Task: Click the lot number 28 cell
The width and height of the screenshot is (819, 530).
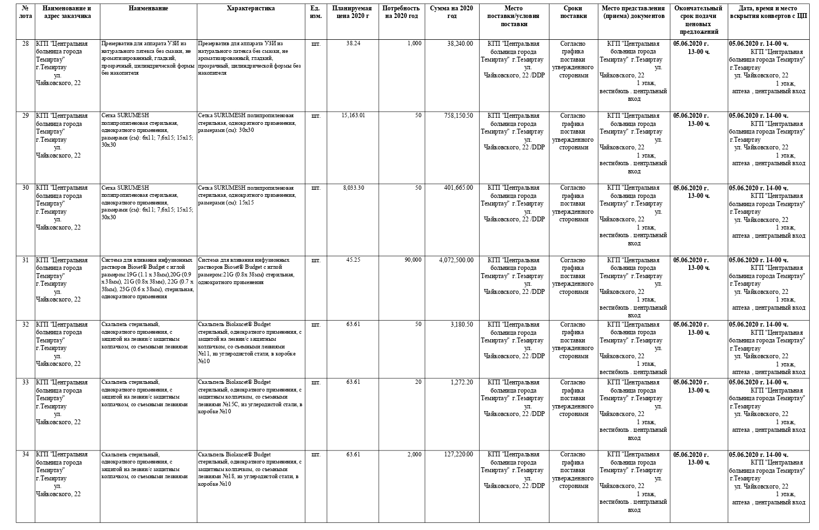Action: (25, 44)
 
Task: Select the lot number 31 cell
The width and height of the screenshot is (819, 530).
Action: (25, 260)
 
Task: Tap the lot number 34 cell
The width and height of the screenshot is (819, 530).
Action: (25, 454)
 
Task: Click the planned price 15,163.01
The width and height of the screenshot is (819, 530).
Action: (353, 116)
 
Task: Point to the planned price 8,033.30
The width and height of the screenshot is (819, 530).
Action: (353, 188)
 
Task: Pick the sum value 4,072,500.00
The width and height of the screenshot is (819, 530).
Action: (456, 260)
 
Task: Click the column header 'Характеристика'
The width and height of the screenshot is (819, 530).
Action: (250, 9)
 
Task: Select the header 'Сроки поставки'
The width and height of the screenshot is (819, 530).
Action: (572, 12)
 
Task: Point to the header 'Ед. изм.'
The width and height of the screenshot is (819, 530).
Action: (315, 12)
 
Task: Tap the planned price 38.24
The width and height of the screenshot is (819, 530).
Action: (353, 44)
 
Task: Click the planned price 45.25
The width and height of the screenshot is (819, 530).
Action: (353, 260)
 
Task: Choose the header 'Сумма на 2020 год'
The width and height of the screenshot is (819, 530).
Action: (451, 12)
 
